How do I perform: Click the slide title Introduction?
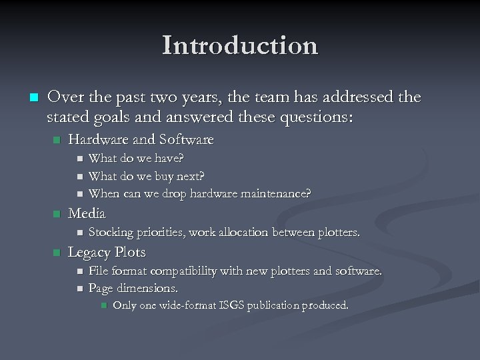240,46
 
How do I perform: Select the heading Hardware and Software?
141,140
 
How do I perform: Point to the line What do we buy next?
147,176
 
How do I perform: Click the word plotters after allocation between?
338,233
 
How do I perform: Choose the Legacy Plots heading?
107,253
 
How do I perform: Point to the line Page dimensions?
133,289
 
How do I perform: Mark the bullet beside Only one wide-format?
103,306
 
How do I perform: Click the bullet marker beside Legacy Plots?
56,253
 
